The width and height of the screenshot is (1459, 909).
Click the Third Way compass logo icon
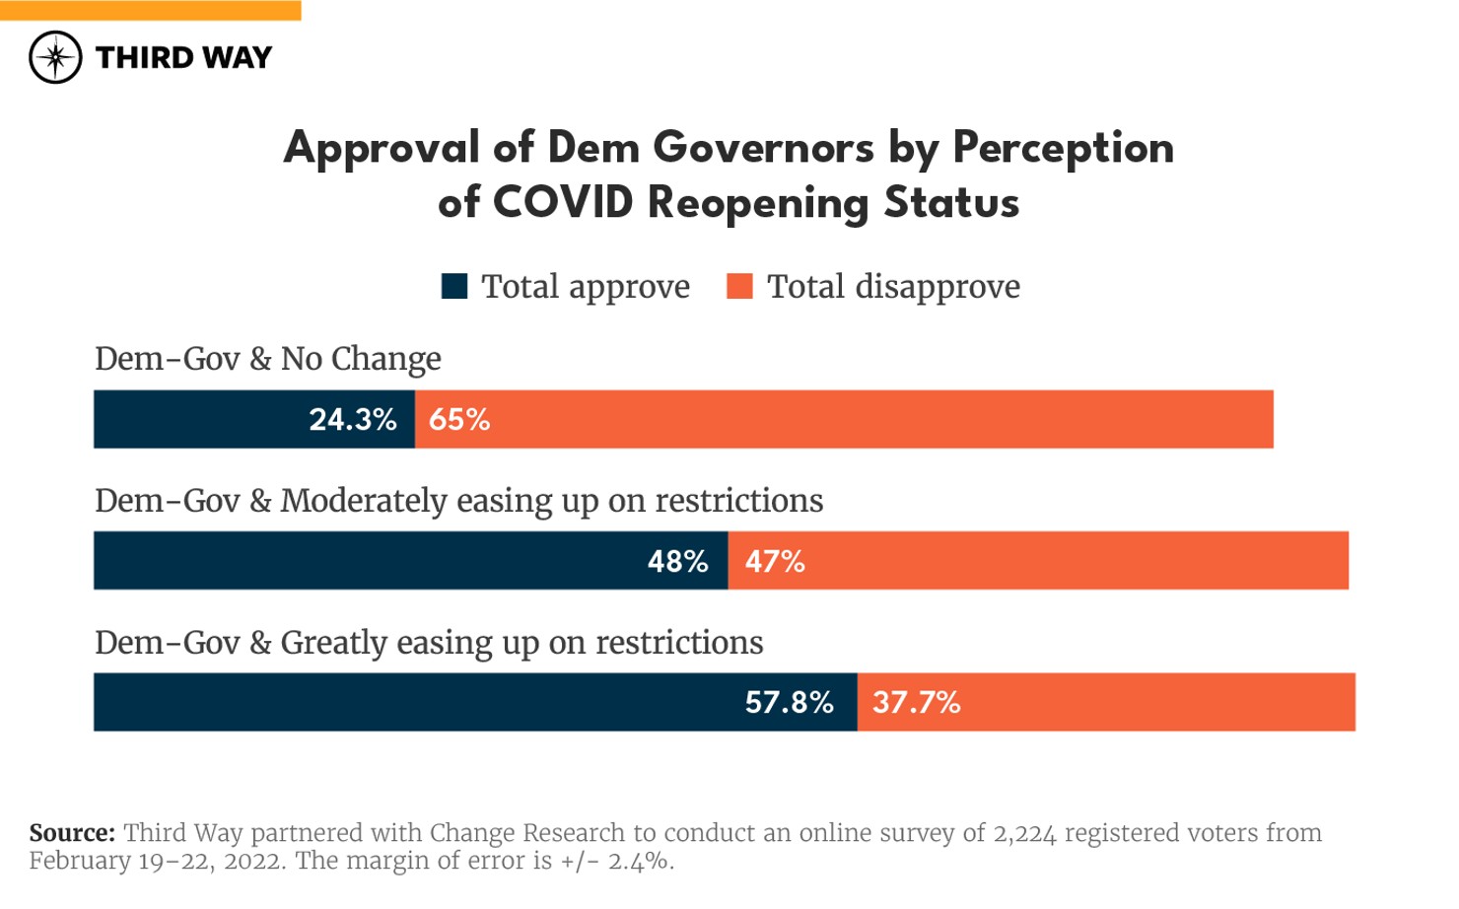[55, 57]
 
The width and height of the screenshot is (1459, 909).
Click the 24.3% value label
[353, 420]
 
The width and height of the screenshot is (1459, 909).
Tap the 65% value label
[459, 420]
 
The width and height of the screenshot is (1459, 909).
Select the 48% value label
[678, 562]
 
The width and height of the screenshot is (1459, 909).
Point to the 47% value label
[775, 562]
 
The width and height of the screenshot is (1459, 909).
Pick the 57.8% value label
[789, 703]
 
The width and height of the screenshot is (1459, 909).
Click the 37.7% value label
[916, 703]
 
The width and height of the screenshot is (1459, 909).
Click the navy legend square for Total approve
[454, 286]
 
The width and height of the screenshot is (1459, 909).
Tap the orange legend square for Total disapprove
[739, 286]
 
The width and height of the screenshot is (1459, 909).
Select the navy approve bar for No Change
[197, 420]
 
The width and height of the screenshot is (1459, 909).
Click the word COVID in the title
[563, 203]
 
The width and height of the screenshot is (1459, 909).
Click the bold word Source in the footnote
[72, 833]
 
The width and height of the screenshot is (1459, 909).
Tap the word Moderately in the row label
[364, 501]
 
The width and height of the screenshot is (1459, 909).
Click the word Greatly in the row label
[333, 643]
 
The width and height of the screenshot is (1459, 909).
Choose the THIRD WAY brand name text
[183, 58]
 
